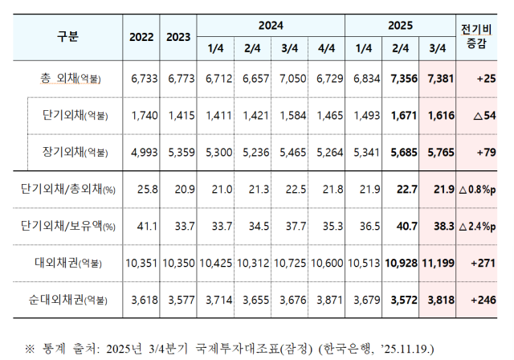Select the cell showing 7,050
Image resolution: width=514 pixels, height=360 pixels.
pyautogui.click(x=290, y=80)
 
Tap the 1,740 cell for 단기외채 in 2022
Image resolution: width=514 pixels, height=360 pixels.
pyautogui.click(x=142, y=116)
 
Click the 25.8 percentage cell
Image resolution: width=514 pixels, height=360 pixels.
pyautogui.click(x=142, y=190)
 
